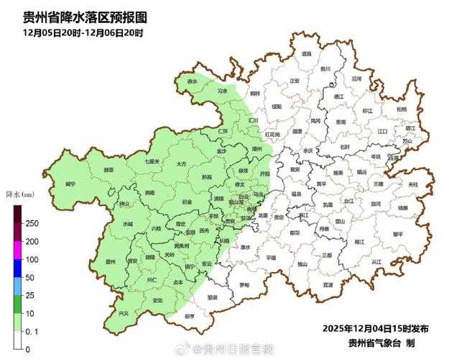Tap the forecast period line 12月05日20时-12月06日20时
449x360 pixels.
pyautogui.click(x=83, y=33)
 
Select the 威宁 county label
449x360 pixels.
pyautogui.click(x=70, y=184)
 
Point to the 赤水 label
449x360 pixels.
pyautogui.click(x=192, y=82)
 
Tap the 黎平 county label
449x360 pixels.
pyautogui.click(x=398, y=234)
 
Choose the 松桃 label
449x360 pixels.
pyautogui.click(x=400, y=109)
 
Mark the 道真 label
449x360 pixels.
pyautogui.click(x=307, y=53)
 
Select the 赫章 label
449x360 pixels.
pyautogui.click(x=108, y=170)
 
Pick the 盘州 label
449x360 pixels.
pyautogui.click(x=111, y=262)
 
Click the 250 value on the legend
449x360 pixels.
pyautogui.click(x=32, y=223)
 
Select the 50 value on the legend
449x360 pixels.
pyautogui.click(x=29, y=277)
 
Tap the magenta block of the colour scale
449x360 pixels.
pyautogui.click(x=18, y=250)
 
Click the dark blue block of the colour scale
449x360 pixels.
pyautogui.click(x=18, y=268)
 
